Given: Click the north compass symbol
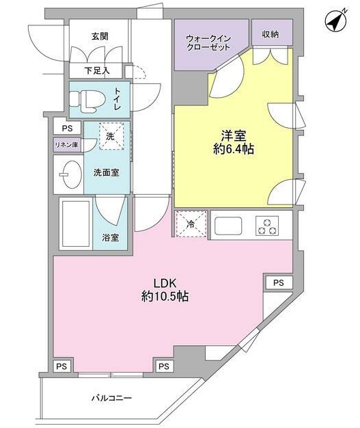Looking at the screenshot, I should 335,22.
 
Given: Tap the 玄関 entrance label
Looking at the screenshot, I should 100,36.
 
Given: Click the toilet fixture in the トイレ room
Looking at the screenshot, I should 87,100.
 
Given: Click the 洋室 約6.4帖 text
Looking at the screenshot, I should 233,142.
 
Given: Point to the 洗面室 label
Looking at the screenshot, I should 107,172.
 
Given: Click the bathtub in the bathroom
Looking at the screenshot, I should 75,224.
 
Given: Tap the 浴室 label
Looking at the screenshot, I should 111,238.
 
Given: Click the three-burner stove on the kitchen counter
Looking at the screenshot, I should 266,225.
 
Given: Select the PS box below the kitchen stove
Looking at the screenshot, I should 278,282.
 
